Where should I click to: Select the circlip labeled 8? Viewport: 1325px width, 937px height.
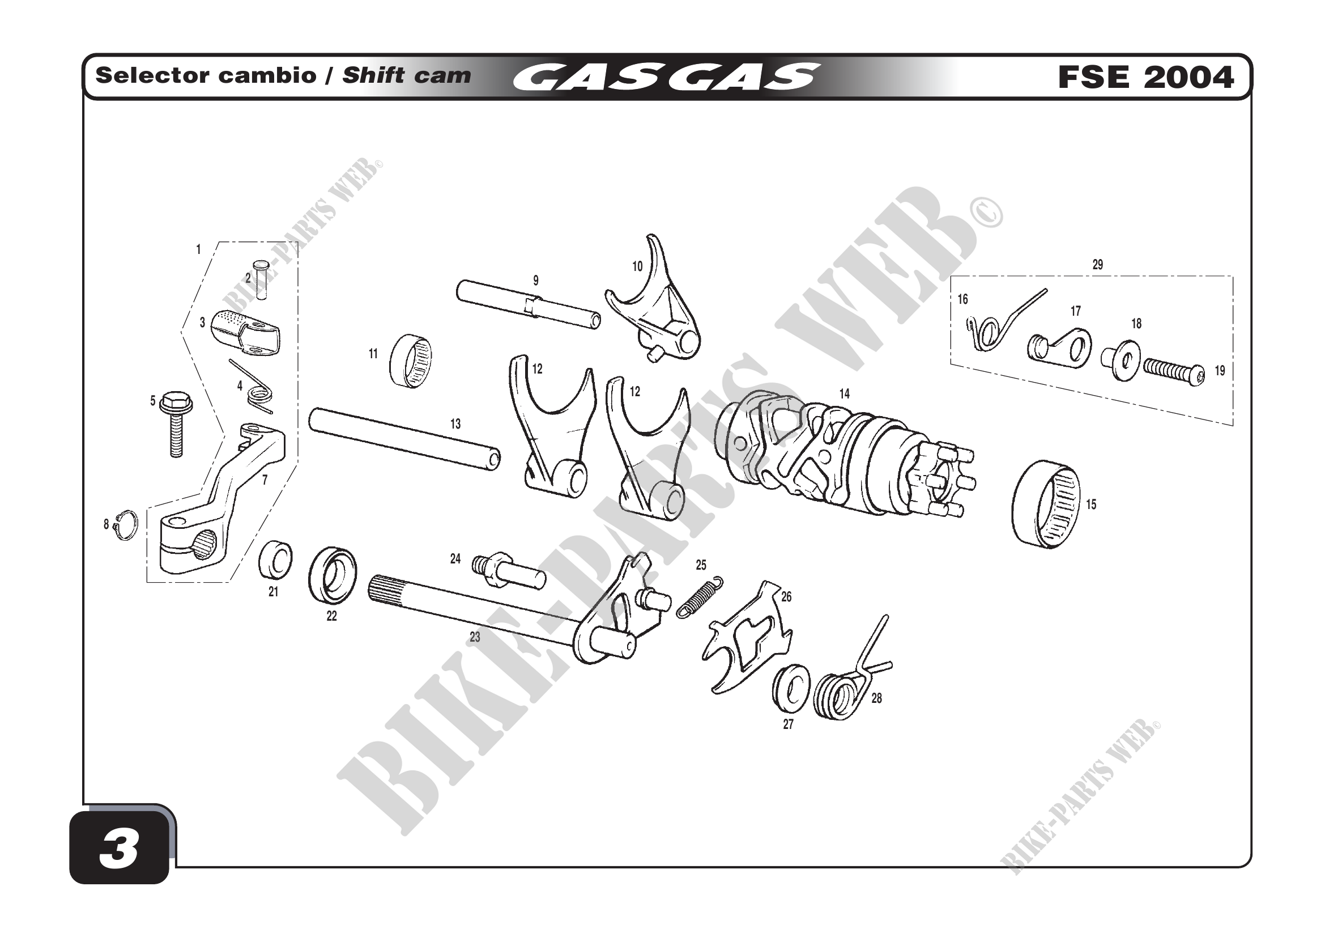[126, 525]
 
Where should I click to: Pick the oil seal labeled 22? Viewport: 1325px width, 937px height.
[333, 575]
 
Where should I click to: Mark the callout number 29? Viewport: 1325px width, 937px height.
[1098, 264]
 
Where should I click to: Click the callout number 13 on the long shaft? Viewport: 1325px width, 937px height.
[455, 425]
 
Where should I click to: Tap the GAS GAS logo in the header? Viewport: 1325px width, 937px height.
[666, 77]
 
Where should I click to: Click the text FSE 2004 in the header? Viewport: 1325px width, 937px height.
[1146, 77]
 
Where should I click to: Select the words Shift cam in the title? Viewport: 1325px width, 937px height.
[407, 75]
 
